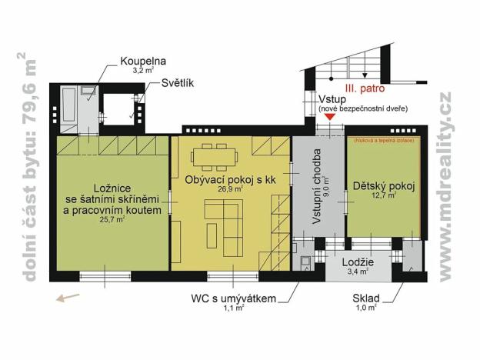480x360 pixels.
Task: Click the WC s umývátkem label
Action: [233, 298]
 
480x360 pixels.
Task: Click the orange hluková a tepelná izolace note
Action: [383, 142]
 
